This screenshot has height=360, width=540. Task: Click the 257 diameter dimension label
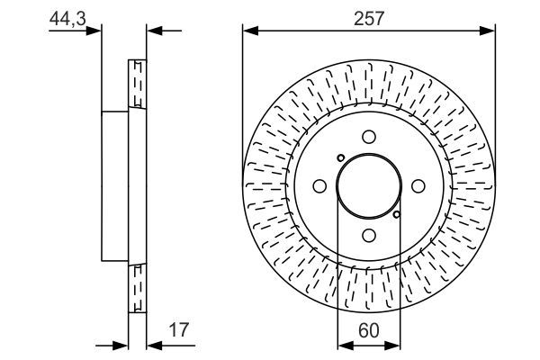(369, 18)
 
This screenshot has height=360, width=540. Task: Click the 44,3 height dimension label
(67, 18)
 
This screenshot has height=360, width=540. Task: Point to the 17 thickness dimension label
(179, 329)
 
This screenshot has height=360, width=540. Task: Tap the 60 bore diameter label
(368, 330)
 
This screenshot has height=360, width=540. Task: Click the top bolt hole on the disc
(369, 137)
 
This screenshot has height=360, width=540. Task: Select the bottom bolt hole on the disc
(369, 236)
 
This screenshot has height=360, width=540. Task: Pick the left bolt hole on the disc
(319, 186)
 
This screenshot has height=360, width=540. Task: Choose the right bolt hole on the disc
(418, 186)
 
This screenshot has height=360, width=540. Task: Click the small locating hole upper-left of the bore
(340, 158)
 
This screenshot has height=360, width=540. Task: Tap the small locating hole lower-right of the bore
(397, 214)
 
